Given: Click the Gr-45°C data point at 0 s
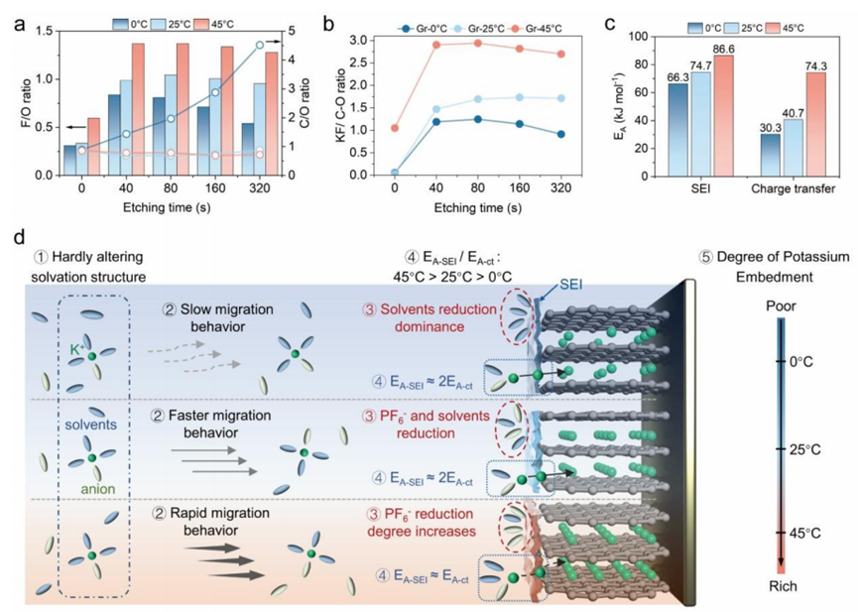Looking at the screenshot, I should tap(368, 128).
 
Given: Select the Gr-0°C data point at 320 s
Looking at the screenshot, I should tap(562, 134).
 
